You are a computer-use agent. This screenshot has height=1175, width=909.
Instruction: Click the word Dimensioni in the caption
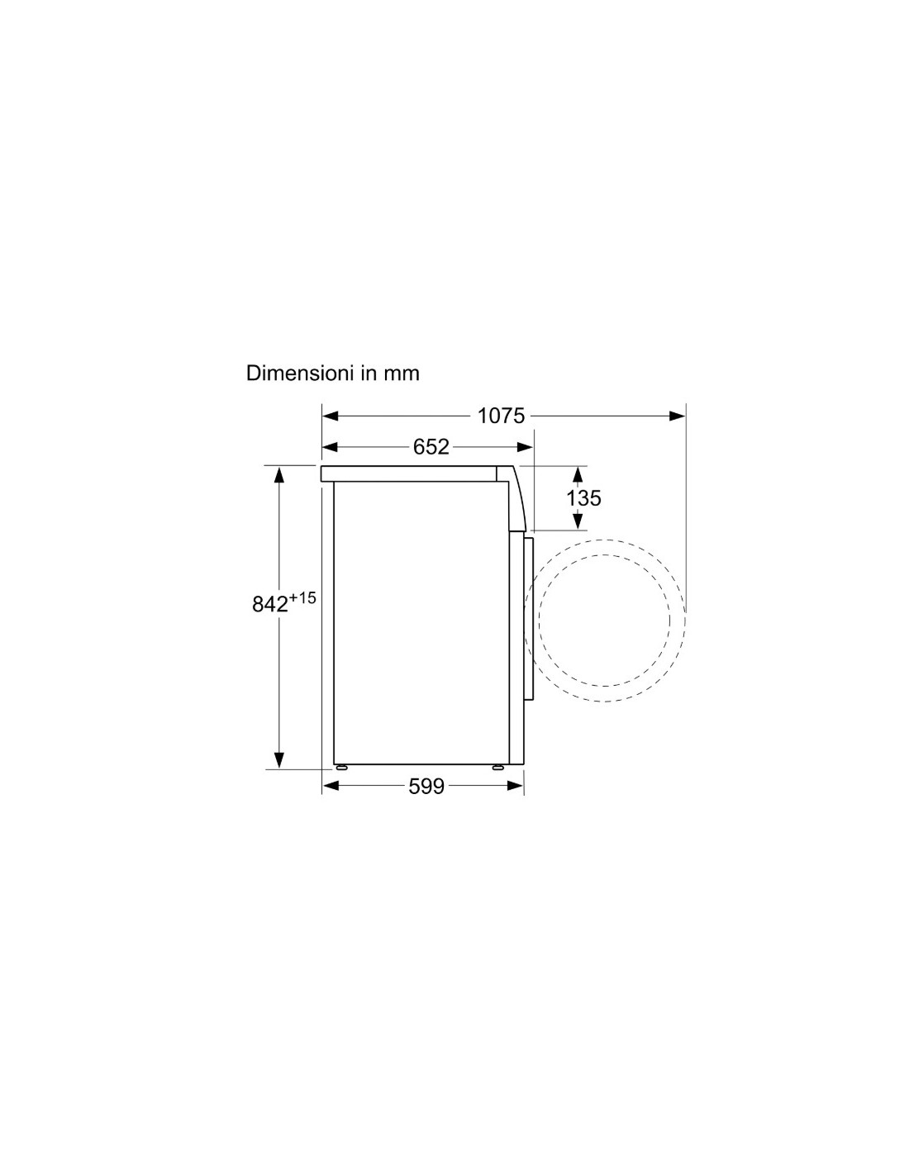(296, 373)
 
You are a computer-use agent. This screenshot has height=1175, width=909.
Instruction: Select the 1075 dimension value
(501, 416)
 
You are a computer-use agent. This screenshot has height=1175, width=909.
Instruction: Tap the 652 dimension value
(431, 447)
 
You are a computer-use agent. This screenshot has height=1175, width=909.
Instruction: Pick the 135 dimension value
(583, 498)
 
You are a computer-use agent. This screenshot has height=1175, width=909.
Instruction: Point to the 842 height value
(270, 605)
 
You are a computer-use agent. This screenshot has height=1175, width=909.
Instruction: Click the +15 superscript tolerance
(302, 598)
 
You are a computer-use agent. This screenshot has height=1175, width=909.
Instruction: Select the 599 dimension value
(426, 787)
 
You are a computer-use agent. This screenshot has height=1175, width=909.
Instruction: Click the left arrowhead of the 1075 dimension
(331, 416)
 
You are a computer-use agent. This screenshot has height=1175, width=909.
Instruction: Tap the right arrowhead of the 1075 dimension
(677, 416)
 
